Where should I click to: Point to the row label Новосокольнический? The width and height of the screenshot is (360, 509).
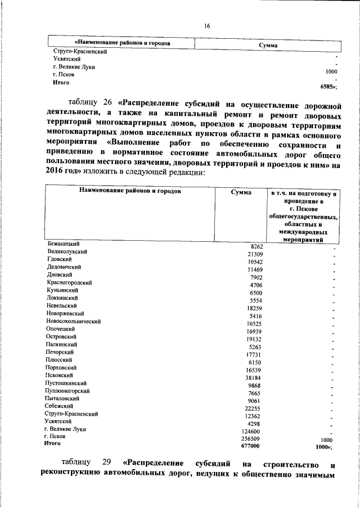(x=73, y=321)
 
